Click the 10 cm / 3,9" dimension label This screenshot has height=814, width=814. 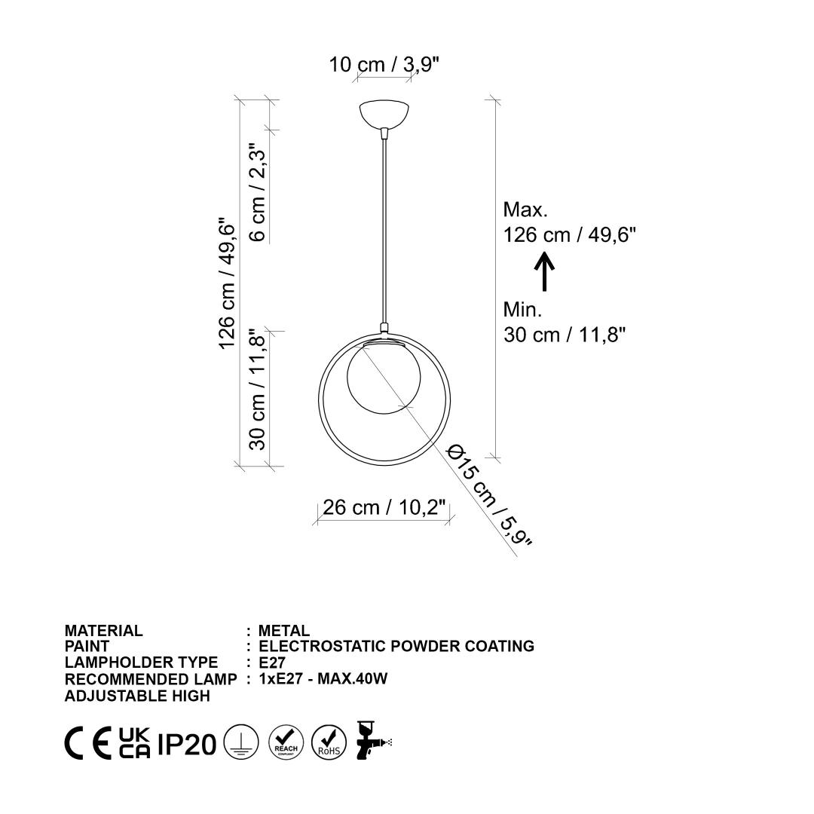click(384, 65)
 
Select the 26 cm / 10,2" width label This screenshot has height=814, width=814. click(384, 507)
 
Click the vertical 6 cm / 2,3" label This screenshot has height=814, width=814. click(258, 193)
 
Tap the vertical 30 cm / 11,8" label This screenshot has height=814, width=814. click(258, 390)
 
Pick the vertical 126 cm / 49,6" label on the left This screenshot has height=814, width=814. click(227, 283)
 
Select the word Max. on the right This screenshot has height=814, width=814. click(525, 210)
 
